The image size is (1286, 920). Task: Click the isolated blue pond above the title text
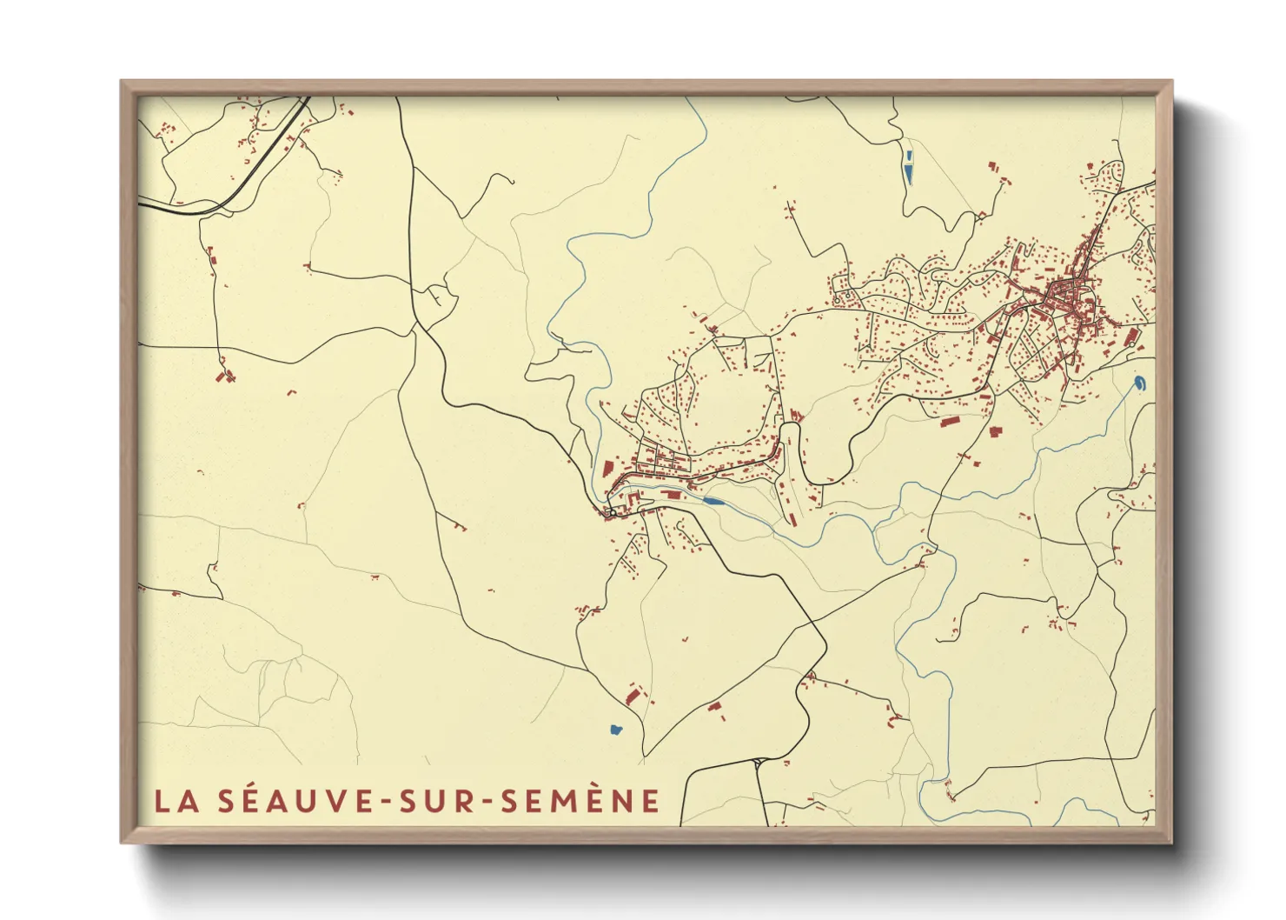616,730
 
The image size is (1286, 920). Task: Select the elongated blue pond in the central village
713,502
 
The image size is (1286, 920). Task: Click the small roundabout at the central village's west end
613,513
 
